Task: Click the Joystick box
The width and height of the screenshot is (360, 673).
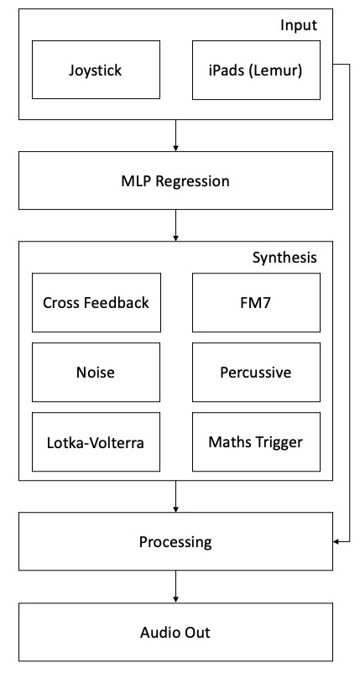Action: (x=97, y=70)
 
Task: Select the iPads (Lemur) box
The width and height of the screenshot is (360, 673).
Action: (x=256, y=70)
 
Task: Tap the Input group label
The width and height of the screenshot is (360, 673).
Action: (x=299, y=26)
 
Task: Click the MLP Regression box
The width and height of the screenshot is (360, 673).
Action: (x=175, y=180)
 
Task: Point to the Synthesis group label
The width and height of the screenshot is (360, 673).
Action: (x=284, y=258)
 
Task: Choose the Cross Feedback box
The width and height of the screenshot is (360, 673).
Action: (x=97, y=303)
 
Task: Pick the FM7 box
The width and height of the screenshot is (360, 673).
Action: (x=256, y=303)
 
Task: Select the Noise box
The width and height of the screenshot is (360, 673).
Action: (x=97, y=372)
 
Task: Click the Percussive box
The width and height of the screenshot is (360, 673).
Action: (x=256, y=372)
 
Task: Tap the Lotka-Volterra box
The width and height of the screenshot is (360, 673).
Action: (x=97, y=442)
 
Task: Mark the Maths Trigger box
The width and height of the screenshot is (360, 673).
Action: (x=256, y=442)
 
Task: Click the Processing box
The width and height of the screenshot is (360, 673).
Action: (x=175, y=541)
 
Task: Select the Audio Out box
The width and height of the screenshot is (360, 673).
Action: (x=175, y=632)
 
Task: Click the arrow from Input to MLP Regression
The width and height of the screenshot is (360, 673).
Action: (x=175, y=135)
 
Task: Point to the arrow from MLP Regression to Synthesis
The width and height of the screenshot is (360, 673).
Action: (x=175, y=226)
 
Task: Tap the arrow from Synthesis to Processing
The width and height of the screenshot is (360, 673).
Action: (x=175, y=496)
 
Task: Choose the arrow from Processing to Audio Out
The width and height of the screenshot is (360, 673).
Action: (x=175, y=587)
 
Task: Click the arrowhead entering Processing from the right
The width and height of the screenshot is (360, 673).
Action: (x=336, y=541)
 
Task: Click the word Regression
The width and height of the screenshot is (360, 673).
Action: (x=193, y=181)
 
